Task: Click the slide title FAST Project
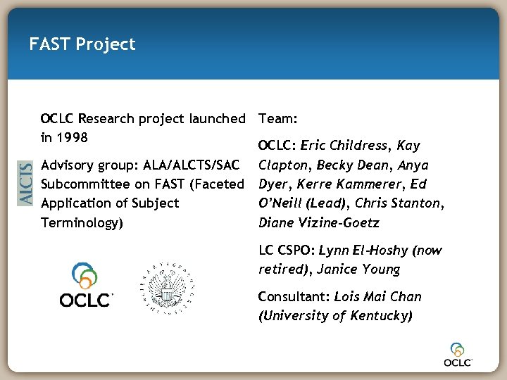click(82, 44)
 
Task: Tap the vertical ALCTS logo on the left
click(25, 183)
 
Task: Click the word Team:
click(278, 118)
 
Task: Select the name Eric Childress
click(344, 146)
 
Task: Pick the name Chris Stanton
click(400, 203)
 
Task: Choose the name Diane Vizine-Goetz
click(318, 222)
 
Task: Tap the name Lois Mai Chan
click(377, 296)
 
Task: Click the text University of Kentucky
click(335, 315)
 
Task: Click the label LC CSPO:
click(286, 250)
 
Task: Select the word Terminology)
click(82, 222)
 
